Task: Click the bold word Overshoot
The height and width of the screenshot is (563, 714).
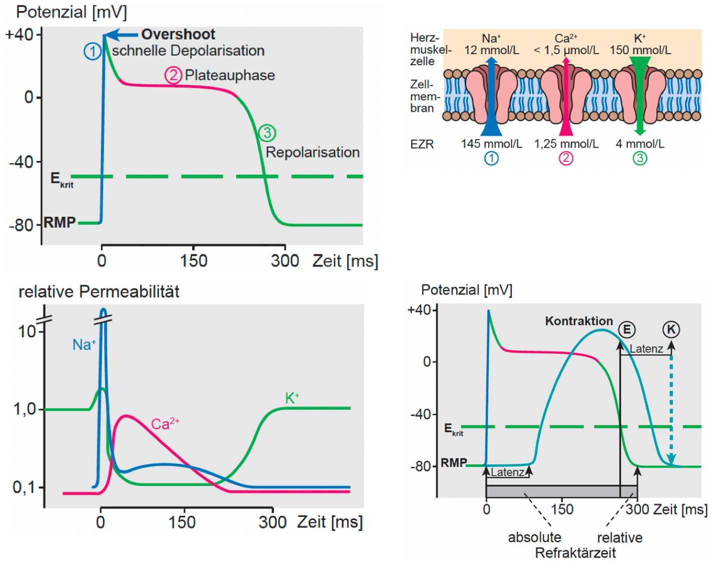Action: pos(178,34)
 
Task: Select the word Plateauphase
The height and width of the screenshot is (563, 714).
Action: pos(230,75)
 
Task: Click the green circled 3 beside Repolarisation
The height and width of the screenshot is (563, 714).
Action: pos(267,133)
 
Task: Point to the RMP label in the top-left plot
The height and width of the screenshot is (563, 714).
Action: pos(60,222)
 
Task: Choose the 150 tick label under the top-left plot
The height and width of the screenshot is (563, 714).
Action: pos(194,261)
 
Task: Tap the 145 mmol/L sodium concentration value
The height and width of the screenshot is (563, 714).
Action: pos(491,144)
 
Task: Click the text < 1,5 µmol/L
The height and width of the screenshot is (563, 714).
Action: pos(566,50)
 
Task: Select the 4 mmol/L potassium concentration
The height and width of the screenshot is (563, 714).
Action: pos(640,144)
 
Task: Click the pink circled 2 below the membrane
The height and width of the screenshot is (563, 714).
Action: pos(566,159)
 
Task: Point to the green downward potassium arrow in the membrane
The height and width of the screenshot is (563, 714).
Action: pos(639,95)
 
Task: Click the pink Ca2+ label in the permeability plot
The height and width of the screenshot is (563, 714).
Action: pos(165,424)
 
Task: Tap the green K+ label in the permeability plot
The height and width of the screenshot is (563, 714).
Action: pos(292,398)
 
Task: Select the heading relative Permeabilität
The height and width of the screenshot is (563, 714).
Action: pos(99,292)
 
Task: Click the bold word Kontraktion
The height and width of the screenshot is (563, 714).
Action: pos(579,321)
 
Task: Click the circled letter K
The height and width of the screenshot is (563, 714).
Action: pos(671,329)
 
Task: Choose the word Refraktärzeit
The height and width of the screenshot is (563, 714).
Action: pos(575,553)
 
